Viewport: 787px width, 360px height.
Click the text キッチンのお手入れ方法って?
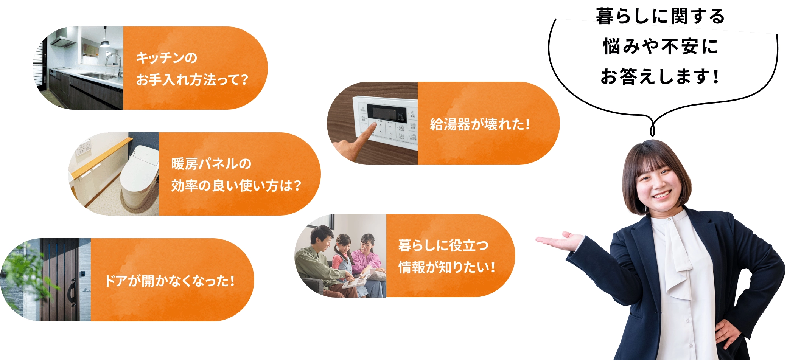[191, 69]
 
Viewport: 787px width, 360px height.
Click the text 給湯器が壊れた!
[480, 124]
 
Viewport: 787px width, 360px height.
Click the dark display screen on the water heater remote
[386, 113]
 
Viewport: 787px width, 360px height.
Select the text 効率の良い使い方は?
[236, 186]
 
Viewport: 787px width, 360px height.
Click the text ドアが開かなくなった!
[170, 281]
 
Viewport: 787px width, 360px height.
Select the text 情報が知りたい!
[446, 267]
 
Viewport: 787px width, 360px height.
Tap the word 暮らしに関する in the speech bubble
[660, 17]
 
